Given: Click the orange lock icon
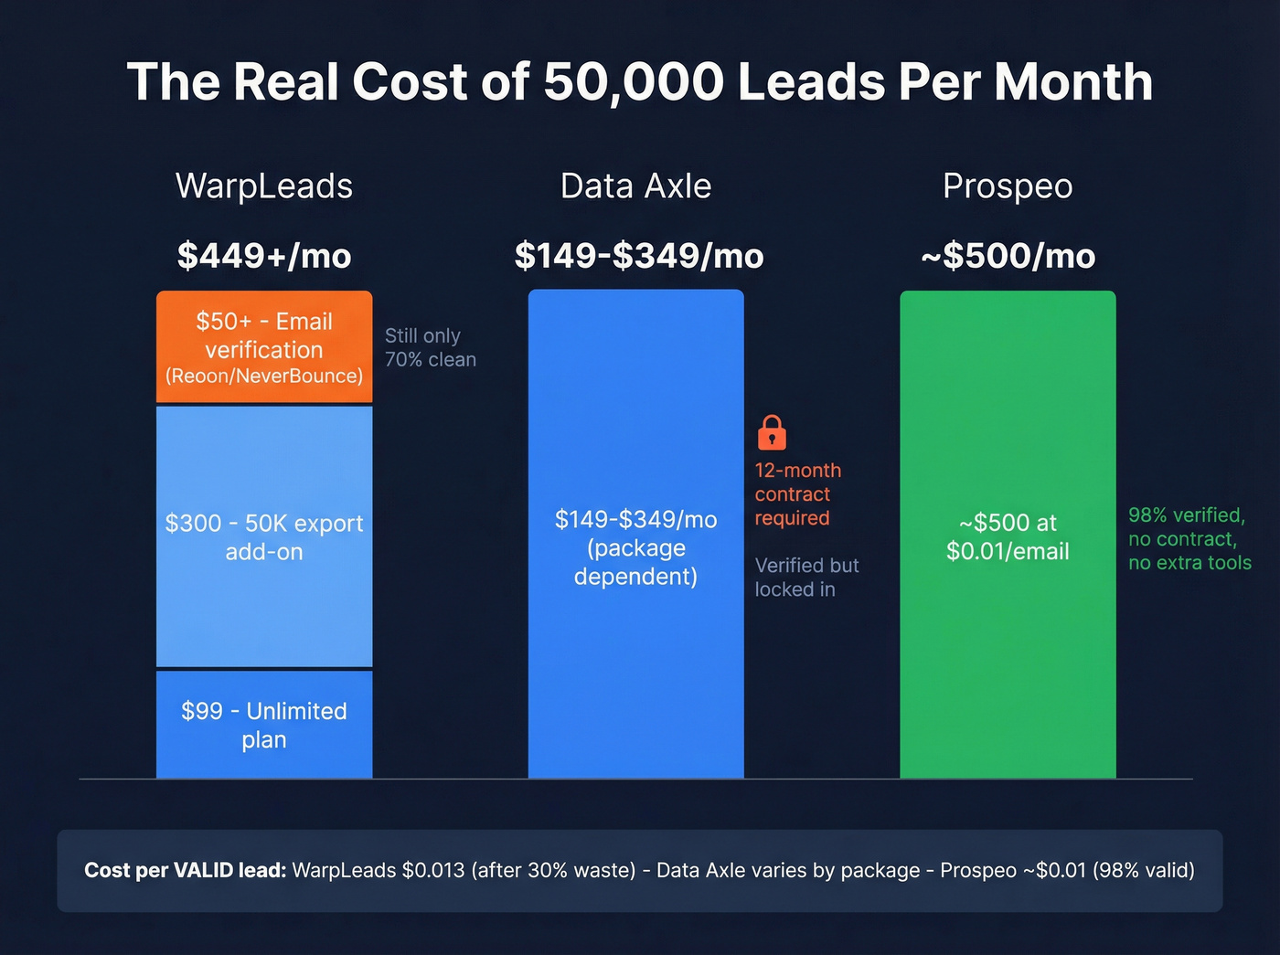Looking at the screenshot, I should point(772,432).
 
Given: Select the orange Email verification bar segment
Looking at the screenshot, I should point(264,347).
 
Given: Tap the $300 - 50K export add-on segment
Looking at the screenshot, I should point(264,536).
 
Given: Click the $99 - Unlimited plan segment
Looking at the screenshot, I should point(264,725).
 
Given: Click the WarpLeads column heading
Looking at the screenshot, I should point(264,186).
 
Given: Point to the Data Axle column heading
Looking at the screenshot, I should point(635,186).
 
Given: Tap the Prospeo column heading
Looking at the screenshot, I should point(1008,186).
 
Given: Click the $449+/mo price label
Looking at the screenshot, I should point(264,256).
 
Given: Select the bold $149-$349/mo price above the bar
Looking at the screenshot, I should point(638,256).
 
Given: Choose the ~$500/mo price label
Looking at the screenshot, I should point(1008,256).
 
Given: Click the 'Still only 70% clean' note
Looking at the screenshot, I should point(430,347).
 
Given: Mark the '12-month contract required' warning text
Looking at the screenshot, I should point(797,493).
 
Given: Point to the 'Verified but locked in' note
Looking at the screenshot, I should point(805,578).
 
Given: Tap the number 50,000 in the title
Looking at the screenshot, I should point(635,82).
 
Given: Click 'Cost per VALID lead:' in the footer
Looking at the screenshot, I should point(186,870).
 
